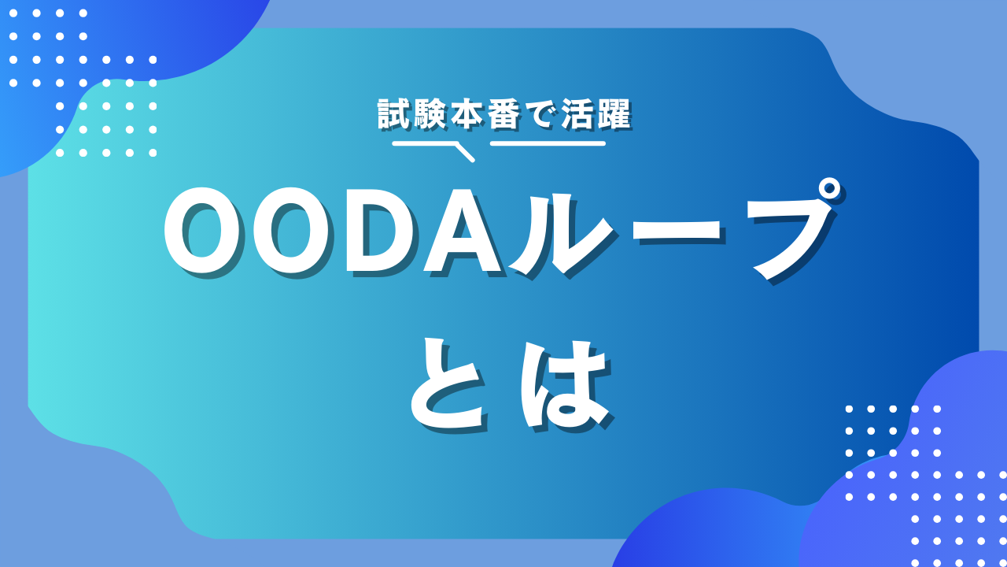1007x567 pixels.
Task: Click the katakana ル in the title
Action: (559, 234)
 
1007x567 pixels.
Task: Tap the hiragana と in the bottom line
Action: (448, 384)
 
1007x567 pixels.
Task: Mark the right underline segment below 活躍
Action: (548, 143)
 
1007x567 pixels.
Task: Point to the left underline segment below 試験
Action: (425, 143)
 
